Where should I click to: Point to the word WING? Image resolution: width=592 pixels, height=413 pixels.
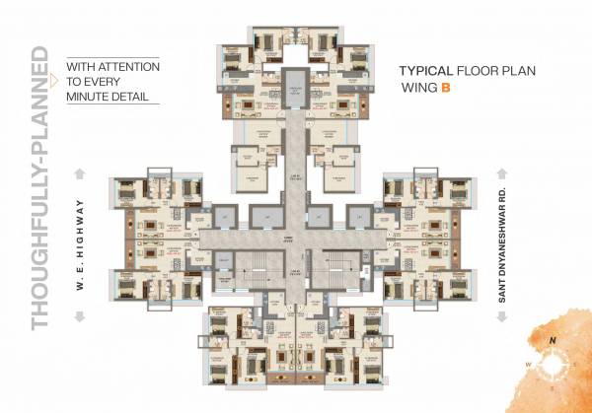click(418, 89)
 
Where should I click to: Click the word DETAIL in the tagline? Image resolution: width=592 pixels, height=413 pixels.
click(131, 98)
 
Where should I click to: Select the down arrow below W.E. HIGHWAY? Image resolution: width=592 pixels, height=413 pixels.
click(80, 315)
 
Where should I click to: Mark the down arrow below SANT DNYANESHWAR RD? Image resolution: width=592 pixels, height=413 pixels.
click(505, 315)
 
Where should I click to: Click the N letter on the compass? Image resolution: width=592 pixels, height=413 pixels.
click(554, 341)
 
